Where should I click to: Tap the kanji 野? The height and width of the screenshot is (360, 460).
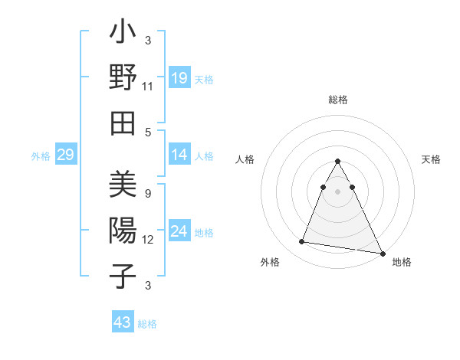[x=123, y=77]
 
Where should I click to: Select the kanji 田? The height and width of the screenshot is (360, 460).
[x=123, y=123]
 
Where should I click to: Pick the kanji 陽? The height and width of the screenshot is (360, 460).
[x=123, y=231]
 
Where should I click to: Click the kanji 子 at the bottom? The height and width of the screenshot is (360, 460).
[x=123, y=276]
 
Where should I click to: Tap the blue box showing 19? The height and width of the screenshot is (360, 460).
[x=179, y=77]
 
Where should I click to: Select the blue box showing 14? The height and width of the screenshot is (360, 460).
[x=179, y=155]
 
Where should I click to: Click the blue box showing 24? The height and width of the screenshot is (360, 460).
[x=179, y=231]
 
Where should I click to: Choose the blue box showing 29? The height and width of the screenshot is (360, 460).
[x=65, y=155]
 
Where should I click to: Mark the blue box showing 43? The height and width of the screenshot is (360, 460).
[x=122, y=322]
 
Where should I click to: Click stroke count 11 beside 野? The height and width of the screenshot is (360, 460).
[x=148, y=87]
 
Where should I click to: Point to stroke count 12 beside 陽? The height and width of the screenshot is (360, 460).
[x=148, y=240]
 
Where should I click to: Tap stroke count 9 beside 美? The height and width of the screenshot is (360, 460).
[x=147, y=194]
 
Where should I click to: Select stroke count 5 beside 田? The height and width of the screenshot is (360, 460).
[x=147, y=132]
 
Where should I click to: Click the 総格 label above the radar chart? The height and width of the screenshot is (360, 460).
[x=338, y=100]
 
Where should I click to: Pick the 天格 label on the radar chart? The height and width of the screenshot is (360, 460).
[x=432, y=159]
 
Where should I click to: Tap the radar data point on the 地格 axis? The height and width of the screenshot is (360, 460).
[x=382, y=254]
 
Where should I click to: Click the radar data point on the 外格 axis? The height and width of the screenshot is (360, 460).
[x=302, y=242]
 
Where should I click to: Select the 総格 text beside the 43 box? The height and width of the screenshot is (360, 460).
[x=147, y=323]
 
